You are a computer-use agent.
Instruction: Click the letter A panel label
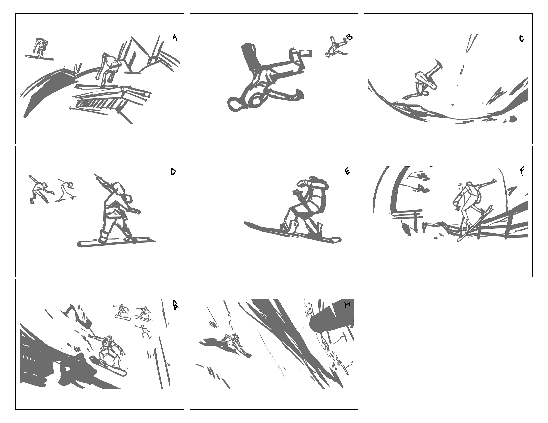point(175,38)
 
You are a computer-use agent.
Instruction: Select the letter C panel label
point(522,39)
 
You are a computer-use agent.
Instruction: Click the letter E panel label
point(348,171)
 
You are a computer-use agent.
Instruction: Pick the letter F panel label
point(522,171)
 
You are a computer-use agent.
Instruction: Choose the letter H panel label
point(347,305)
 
